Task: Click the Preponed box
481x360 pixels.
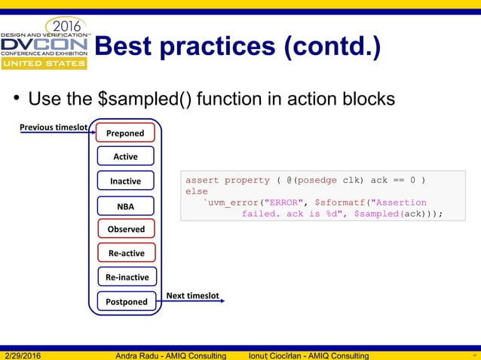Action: [x=125, y=133]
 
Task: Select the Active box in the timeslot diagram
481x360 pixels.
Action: [x=125, y=157]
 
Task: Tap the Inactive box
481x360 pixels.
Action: [x=125, y=181]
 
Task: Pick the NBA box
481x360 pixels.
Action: [x=125, y=205]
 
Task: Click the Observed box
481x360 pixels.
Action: [x=125, y=229]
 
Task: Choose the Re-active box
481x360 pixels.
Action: [x=125, y=253]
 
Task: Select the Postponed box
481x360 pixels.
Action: [x=126, y=301]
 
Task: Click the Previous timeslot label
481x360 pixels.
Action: [x=54, y=127]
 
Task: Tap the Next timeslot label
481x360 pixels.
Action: [x=192, y=296]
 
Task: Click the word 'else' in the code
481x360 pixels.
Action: [x=196, y=191]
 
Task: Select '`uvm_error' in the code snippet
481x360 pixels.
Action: [x=232, y=203]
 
